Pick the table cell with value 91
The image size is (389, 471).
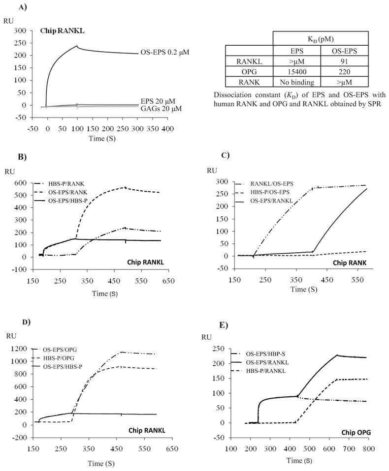click(344, 59)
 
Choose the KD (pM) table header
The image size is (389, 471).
click(321, 38)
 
